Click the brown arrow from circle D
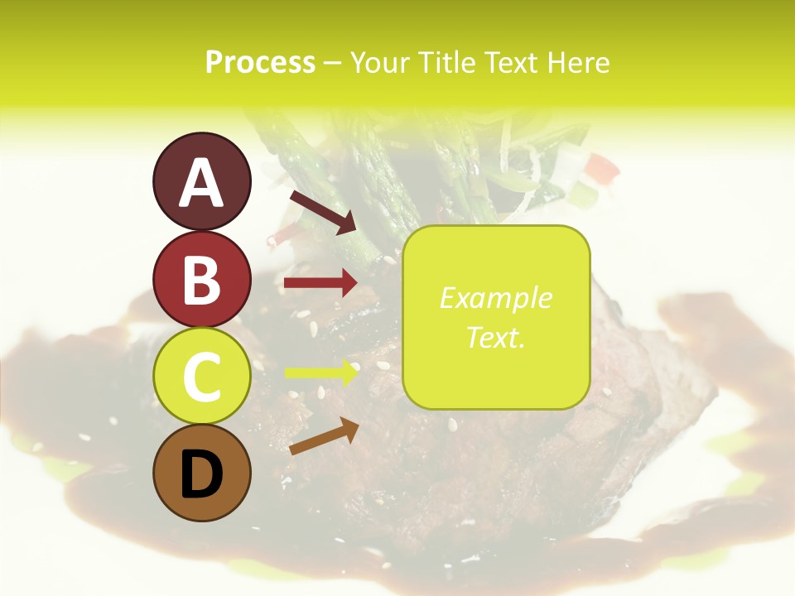(x=324, y=435)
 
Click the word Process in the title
(x=260, y=63)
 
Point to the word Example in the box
(x=495, y=298)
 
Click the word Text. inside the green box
(x=495, y=337)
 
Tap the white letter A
(x=201, y=182)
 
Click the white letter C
(x=201, y=377)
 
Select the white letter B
(x=201, y=280)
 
